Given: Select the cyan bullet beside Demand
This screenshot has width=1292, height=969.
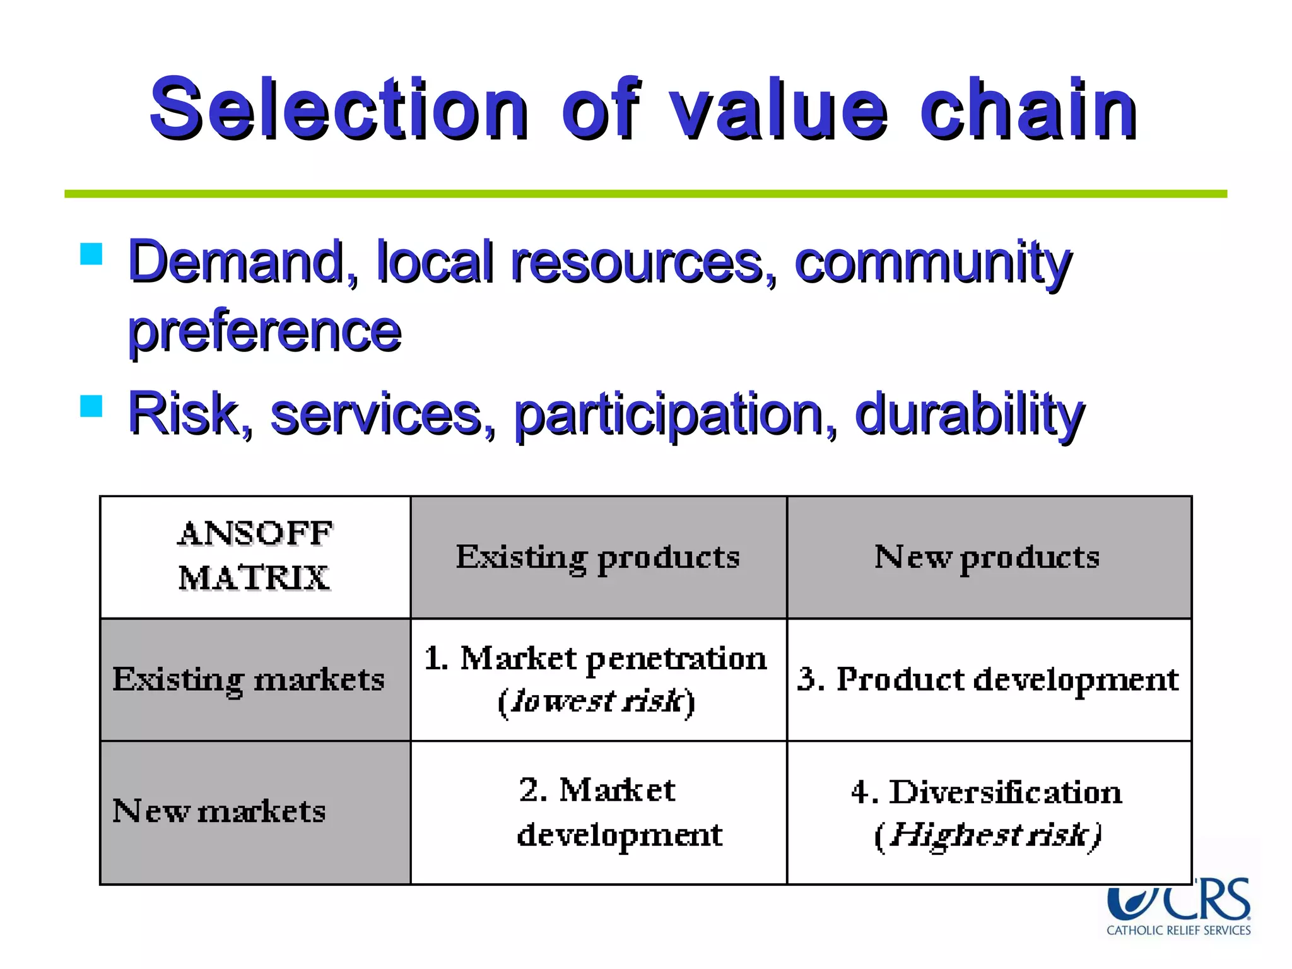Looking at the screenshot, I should [x=91, y=254].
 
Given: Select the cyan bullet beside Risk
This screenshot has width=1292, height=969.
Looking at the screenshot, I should [x=91, y=406].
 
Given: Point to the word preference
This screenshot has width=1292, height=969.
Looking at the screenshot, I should [x=264, y=331].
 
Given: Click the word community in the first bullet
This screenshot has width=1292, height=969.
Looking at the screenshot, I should [x=932, y=262].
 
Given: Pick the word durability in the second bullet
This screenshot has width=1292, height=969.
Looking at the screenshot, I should [x=969, y=414].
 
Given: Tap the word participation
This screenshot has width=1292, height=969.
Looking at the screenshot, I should [x=675, y=414].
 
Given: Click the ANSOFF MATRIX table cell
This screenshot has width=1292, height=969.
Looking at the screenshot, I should [x=255, y=556].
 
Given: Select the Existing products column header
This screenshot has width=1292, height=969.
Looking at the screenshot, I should [x=598, y=556].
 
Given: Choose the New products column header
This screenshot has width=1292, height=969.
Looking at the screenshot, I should [x=988, y=556].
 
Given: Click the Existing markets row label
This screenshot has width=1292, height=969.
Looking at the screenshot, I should [x=249, y=679].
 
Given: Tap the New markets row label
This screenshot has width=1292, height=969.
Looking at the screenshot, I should [x=219, y=811].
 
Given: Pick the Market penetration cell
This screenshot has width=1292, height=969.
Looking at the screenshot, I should [x=596, y=679].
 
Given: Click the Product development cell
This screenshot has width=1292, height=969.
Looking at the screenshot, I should [x=988, y=679].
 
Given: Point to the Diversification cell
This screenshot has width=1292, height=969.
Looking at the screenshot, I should [x=987, y=812].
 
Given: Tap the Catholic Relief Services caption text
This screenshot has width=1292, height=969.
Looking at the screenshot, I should [x=1178, y=931].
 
